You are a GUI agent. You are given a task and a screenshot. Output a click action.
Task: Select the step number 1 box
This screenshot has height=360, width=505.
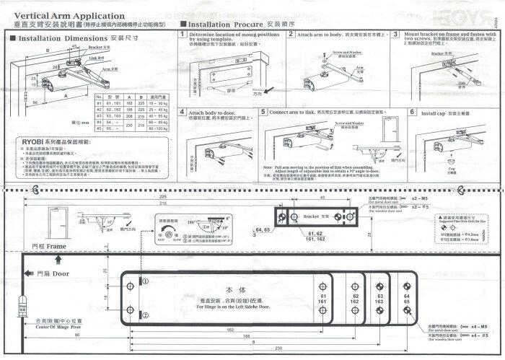tap(182, 35)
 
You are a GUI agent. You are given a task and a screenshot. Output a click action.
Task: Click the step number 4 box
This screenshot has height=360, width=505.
tap(182, 113)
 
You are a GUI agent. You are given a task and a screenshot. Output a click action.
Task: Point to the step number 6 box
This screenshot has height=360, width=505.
tap(412, 113)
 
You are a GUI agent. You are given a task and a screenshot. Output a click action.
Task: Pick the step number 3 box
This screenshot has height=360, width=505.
tap(396, 35)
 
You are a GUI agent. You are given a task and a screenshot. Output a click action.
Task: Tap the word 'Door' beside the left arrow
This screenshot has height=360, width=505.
tap(61, 274)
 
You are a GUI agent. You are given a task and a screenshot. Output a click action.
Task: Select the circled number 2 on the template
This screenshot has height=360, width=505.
tap(144, 315)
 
